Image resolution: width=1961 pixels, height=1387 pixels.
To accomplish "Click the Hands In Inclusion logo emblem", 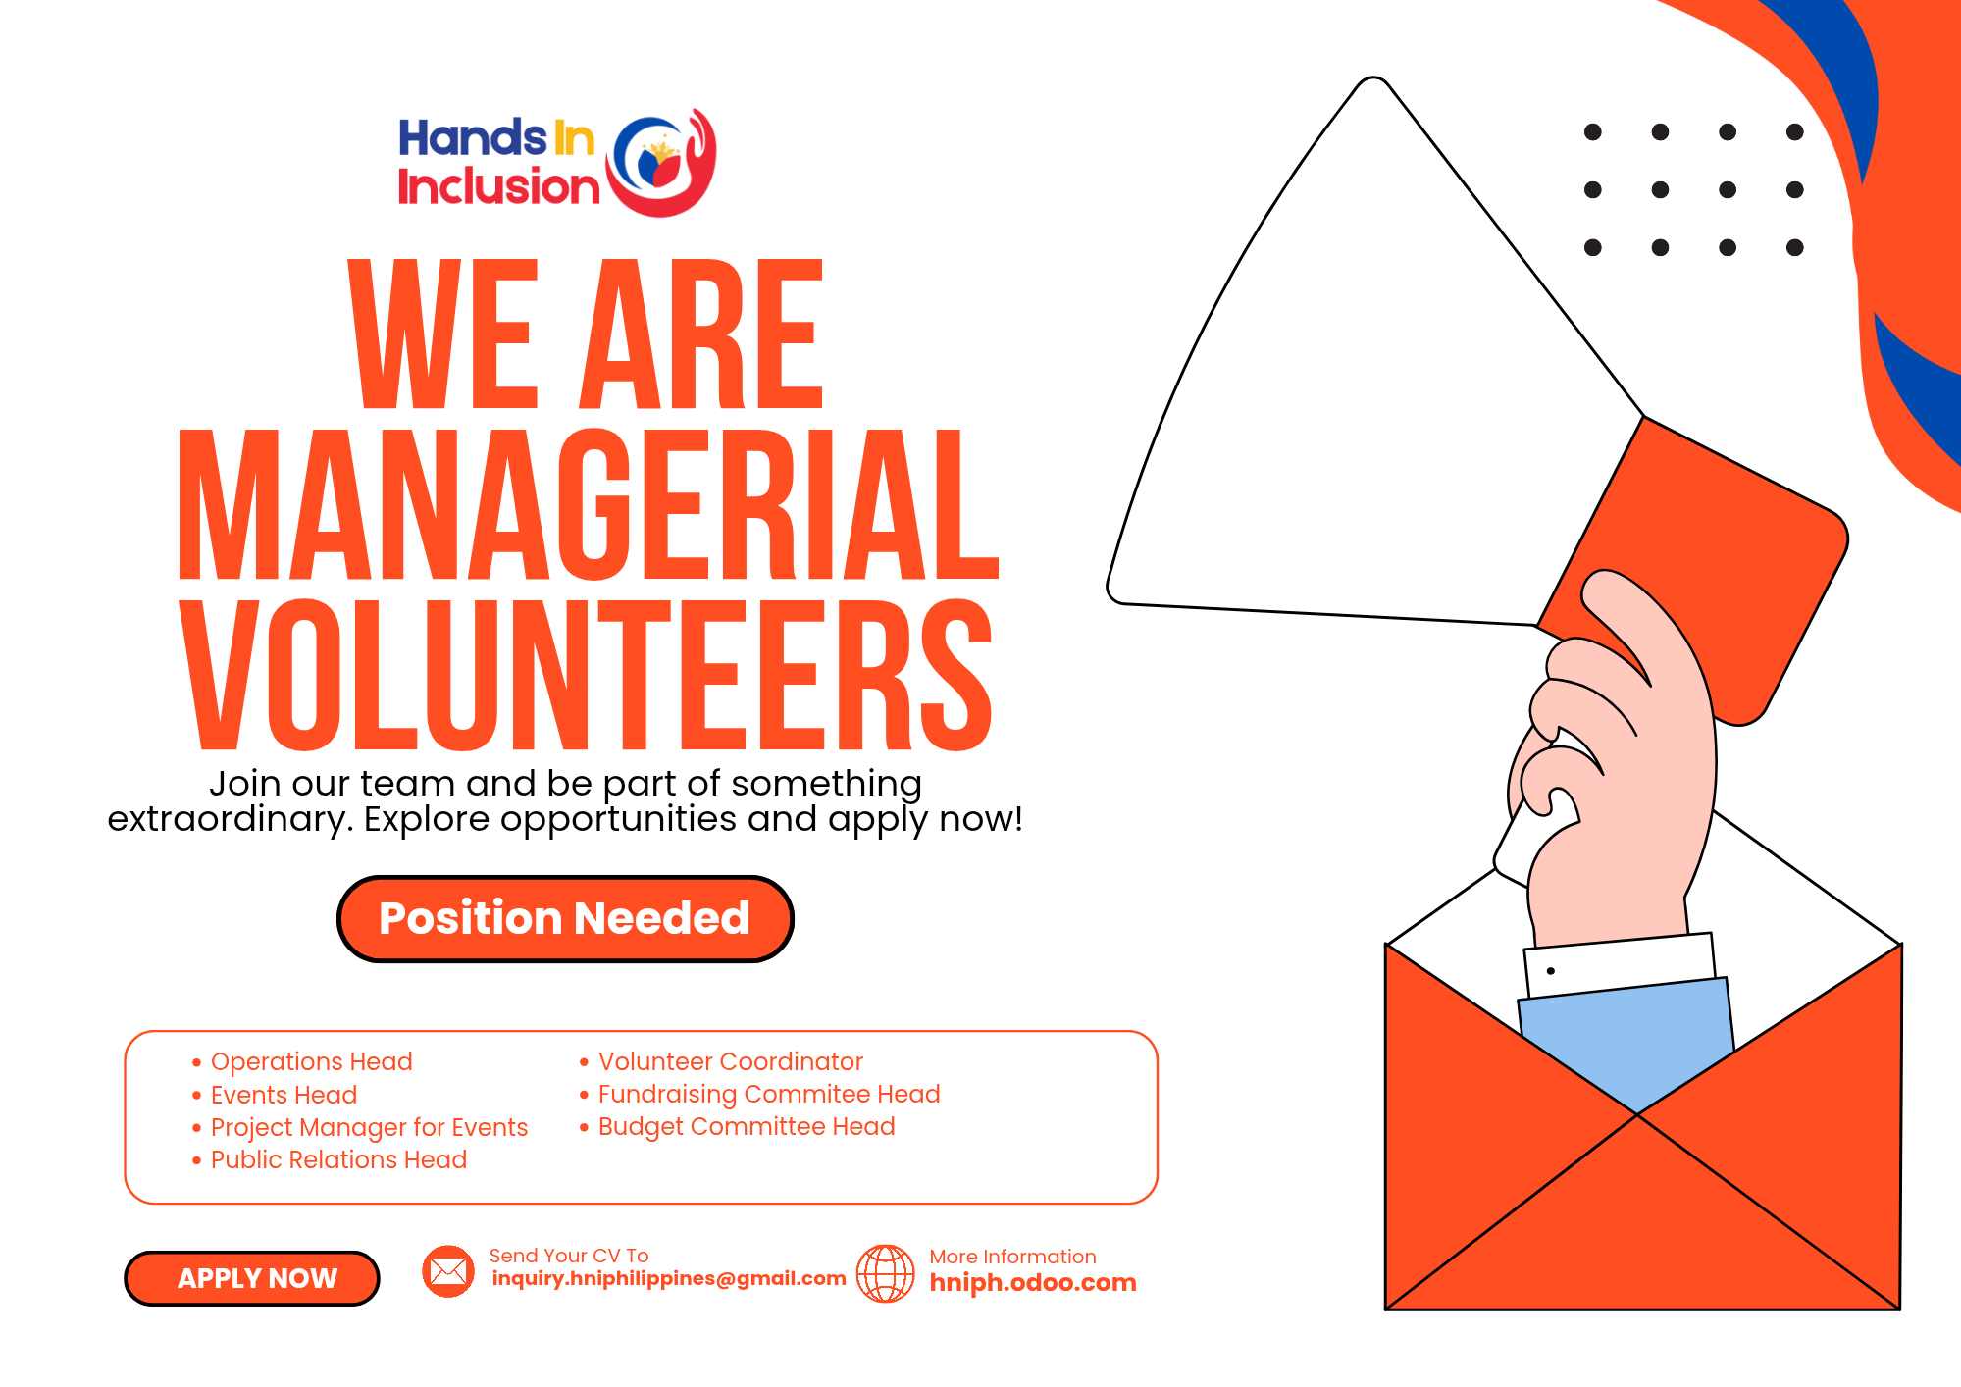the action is coord(660,162).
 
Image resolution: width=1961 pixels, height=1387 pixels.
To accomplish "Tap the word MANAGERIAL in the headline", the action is coord(589,505).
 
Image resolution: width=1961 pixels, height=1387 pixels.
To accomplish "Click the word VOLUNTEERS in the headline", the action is coord(587,675).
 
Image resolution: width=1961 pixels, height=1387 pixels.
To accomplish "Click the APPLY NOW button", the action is coord(252,1278).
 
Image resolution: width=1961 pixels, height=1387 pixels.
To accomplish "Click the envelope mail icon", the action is coord(448,1271).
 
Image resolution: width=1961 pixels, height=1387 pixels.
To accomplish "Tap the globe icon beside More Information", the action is coord(886,1273).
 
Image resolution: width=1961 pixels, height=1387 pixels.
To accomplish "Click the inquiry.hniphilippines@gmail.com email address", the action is coord(669,1278).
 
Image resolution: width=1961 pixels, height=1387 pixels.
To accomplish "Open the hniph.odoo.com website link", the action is coord(1033,1282).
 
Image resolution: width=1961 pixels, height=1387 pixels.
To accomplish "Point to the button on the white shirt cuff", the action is coord(1551,971).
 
